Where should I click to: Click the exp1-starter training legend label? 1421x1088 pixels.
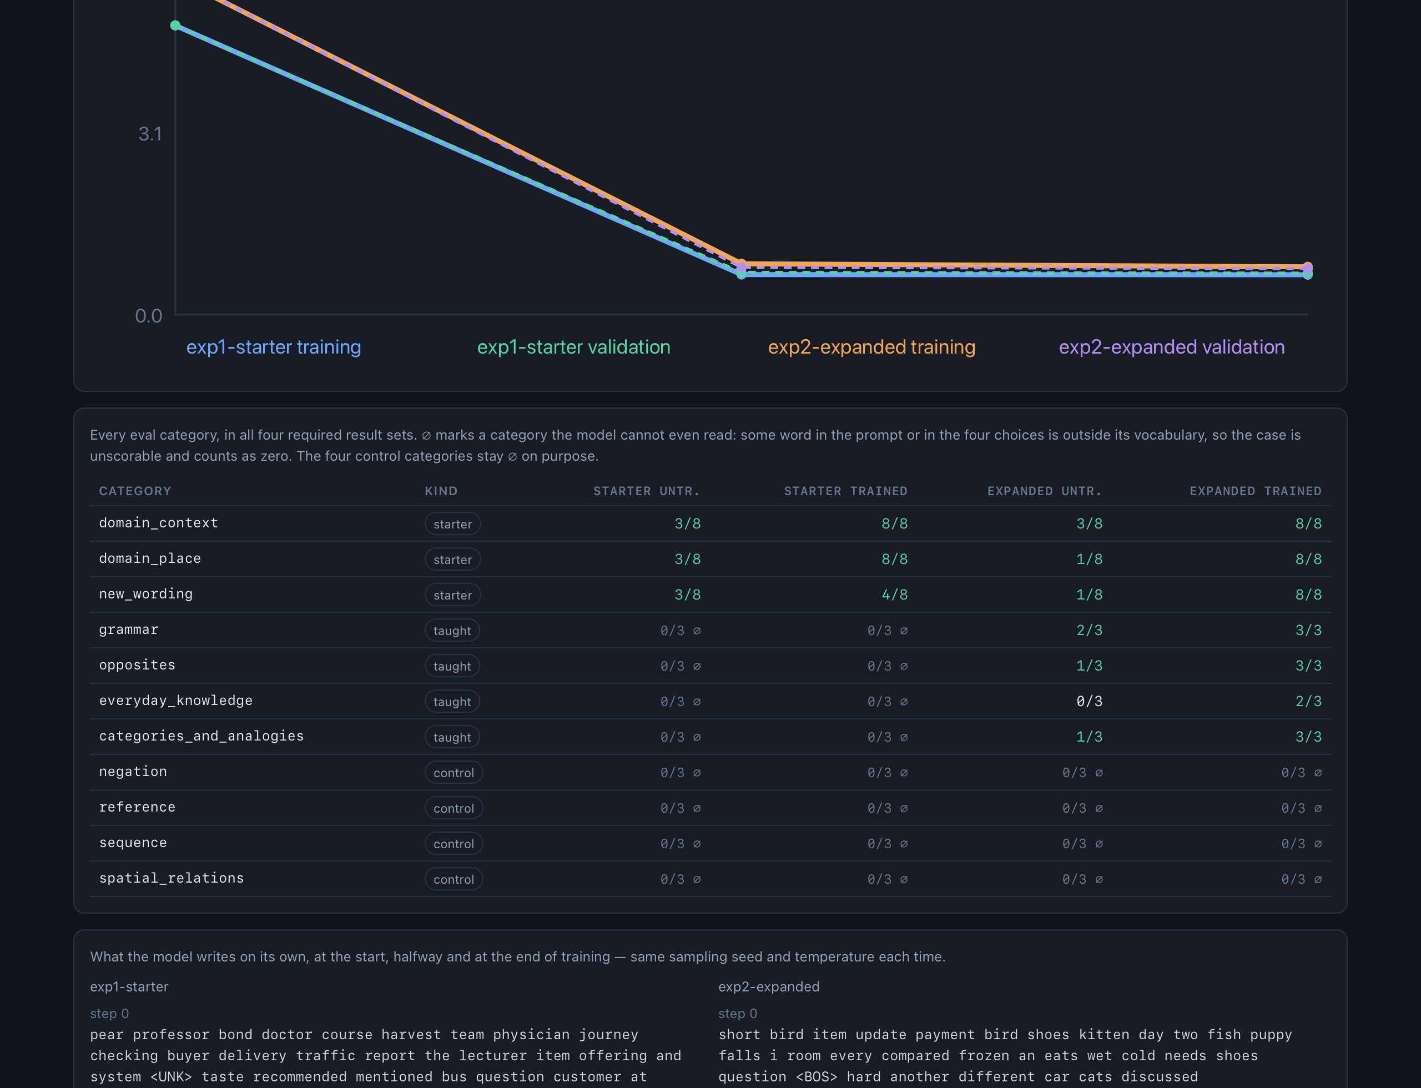[273, 347]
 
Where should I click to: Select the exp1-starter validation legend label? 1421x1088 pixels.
[573, 347]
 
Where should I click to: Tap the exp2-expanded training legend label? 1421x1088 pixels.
[871, 347]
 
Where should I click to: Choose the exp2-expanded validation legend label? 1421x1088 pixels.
[1171, 347]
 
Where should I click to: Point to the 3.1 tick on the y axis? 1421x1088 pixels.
[150, 134]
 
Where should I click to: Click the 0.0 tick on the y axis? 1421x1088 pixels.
[148, 316]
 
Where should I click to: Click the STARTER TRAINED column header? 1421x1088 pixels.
[845, 491]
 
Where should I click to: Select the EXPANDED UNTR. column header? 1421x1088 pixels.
[1044, 491]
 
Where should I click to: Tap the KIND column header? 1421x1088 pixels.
[441, 491]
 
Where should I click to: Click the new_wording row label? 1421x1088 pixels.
[146, 594]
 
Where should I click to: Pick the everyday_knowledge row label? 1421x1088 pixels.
[175, 700]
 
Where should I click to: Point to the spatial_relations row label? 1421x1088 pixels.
[171, 878]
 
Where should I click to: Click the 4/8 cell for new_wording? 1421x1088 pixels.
[894, 595]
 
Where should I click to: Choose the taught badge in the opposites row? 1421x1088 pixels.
[452, 666]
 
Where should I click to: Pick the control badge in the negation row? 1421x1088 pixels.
[453, 772]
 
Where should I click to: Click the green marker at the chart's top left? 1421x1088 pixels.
[175, 26]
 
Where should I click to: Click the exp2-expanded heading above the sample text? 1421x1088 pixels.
[769, 986]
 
